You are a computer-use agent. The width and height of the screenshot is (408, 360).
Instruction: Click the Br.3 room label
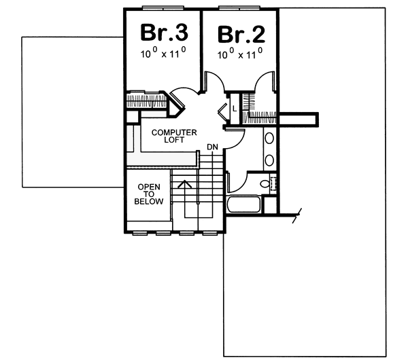(164, 32)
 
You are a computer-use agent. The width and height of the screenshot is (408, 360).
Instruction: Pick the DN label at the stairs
(212, 147)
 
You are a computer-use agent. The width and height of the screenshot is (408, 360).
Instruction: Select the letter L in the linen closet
(234, 108)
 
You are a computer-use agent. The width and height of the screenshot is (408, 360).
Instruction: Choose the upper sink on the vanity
(269, 140)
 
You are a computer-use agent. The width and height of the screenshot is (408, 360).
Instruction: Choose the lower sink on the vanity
(269, 161)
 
